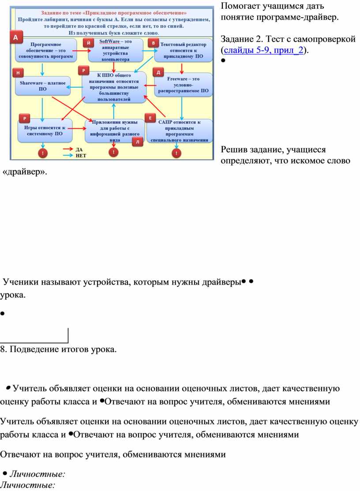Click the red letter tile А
tap(16, 37)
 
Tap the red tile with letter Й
tap(89, 43)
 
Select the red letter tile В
tap(153, 43)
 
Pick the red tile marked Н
tap(18, 73)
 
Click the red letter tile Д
tap(158, 72)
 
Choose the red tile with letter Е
tap(150, 118)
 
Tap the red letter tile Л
tap(138, 141)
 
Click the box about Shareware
tap(43, 86)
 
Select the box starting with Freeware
tap(183, 85)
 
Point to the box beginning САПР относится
tap(180, 131)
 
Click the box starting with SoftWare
tap(116, 50)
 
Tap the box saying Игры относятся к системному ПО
tap(45, 130)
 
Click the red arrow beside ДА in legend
tap(68, 149)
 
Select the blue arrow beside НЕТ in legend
tap(68, 155)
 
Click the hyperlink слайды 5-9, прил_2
tap(263, 50)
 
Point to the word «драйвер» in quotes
tap(24, 171)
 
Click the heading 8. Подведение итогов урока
tap(58, 349)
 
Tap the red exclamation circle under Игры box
tap(43, 153)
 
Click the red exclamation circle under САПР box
tap(176, 153)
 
